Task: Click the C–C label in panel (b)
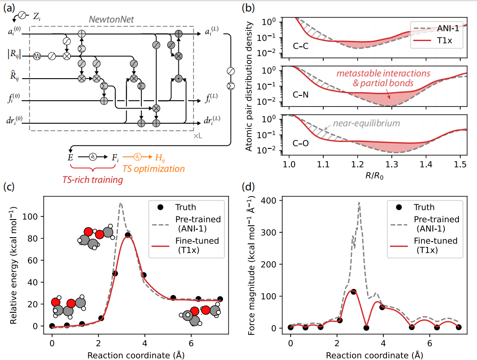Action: click(301, 45)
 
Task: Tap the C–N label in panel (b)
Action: click(301, 94)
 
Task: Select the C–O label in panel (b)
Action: click(301, 143)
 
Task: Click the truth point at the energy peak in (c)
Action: click(128, 235)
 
